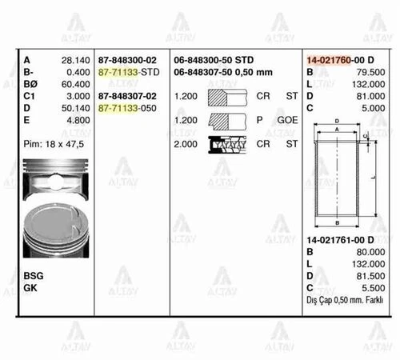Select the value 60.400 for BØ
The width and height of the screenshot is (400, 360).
coord(74,83)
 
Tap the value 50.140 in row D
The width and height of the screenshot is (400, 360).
coord(74,106)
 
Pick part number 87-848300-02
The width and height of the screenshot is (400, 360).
coord(128,60)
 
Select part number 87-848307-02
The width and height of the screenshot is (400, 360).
coord(128,95)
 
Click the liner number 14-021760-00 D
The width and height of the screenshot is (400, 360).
coord(346,60)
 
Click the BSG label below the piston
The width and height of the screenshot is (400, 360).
coord(34,274)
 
